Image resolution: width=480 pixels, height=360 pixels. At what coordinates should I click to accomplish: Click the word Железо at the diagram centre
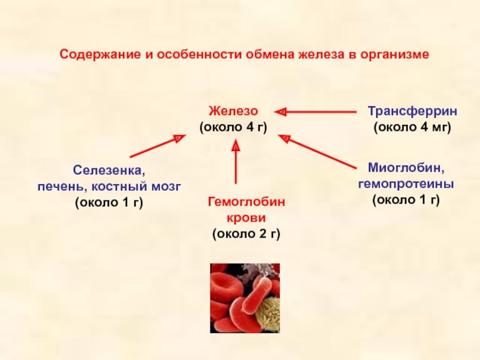(233, 111)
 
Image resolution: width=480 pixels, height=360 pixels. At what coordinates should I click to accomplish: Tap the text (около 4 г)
(233, 127)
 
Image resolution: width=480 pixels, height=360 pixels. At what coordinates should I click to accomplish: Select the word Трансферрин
(412, 111)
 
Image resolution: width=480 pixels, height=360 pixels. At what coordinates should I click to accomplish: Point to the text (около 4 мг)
(412, 127)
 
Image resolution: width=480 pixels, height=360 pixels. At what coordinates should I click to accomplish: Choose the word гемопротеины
(406, 184)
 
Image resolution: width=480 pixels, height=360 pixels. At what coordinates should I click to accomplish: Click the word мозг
(164, 187)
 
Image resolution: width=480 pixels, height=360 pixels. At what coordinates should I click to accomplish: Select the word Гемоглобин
(247, 202)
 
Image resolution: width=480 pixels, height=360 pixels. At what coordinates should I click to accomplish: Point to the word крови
(247, 218)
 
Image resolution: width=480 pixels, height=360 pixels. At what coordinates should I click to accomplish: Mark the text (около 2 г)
(247, 234)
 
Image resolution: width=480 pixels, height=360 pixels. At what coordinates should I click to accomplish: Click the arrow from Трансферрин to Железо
(316, 112)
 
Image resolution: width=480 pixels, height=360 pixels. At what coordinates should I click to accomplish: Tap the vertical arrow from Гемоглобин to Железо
(236, 161)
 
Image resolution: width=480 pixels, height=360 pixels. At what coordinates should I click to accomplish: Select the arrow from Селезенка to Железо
(158, 146)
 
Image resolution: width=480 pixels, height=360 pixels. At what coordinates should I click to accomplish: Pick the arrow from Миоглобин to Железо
(317, 152)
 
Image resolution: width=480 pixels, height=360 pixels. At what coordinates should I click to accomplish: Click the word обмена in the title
(270, 55)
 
